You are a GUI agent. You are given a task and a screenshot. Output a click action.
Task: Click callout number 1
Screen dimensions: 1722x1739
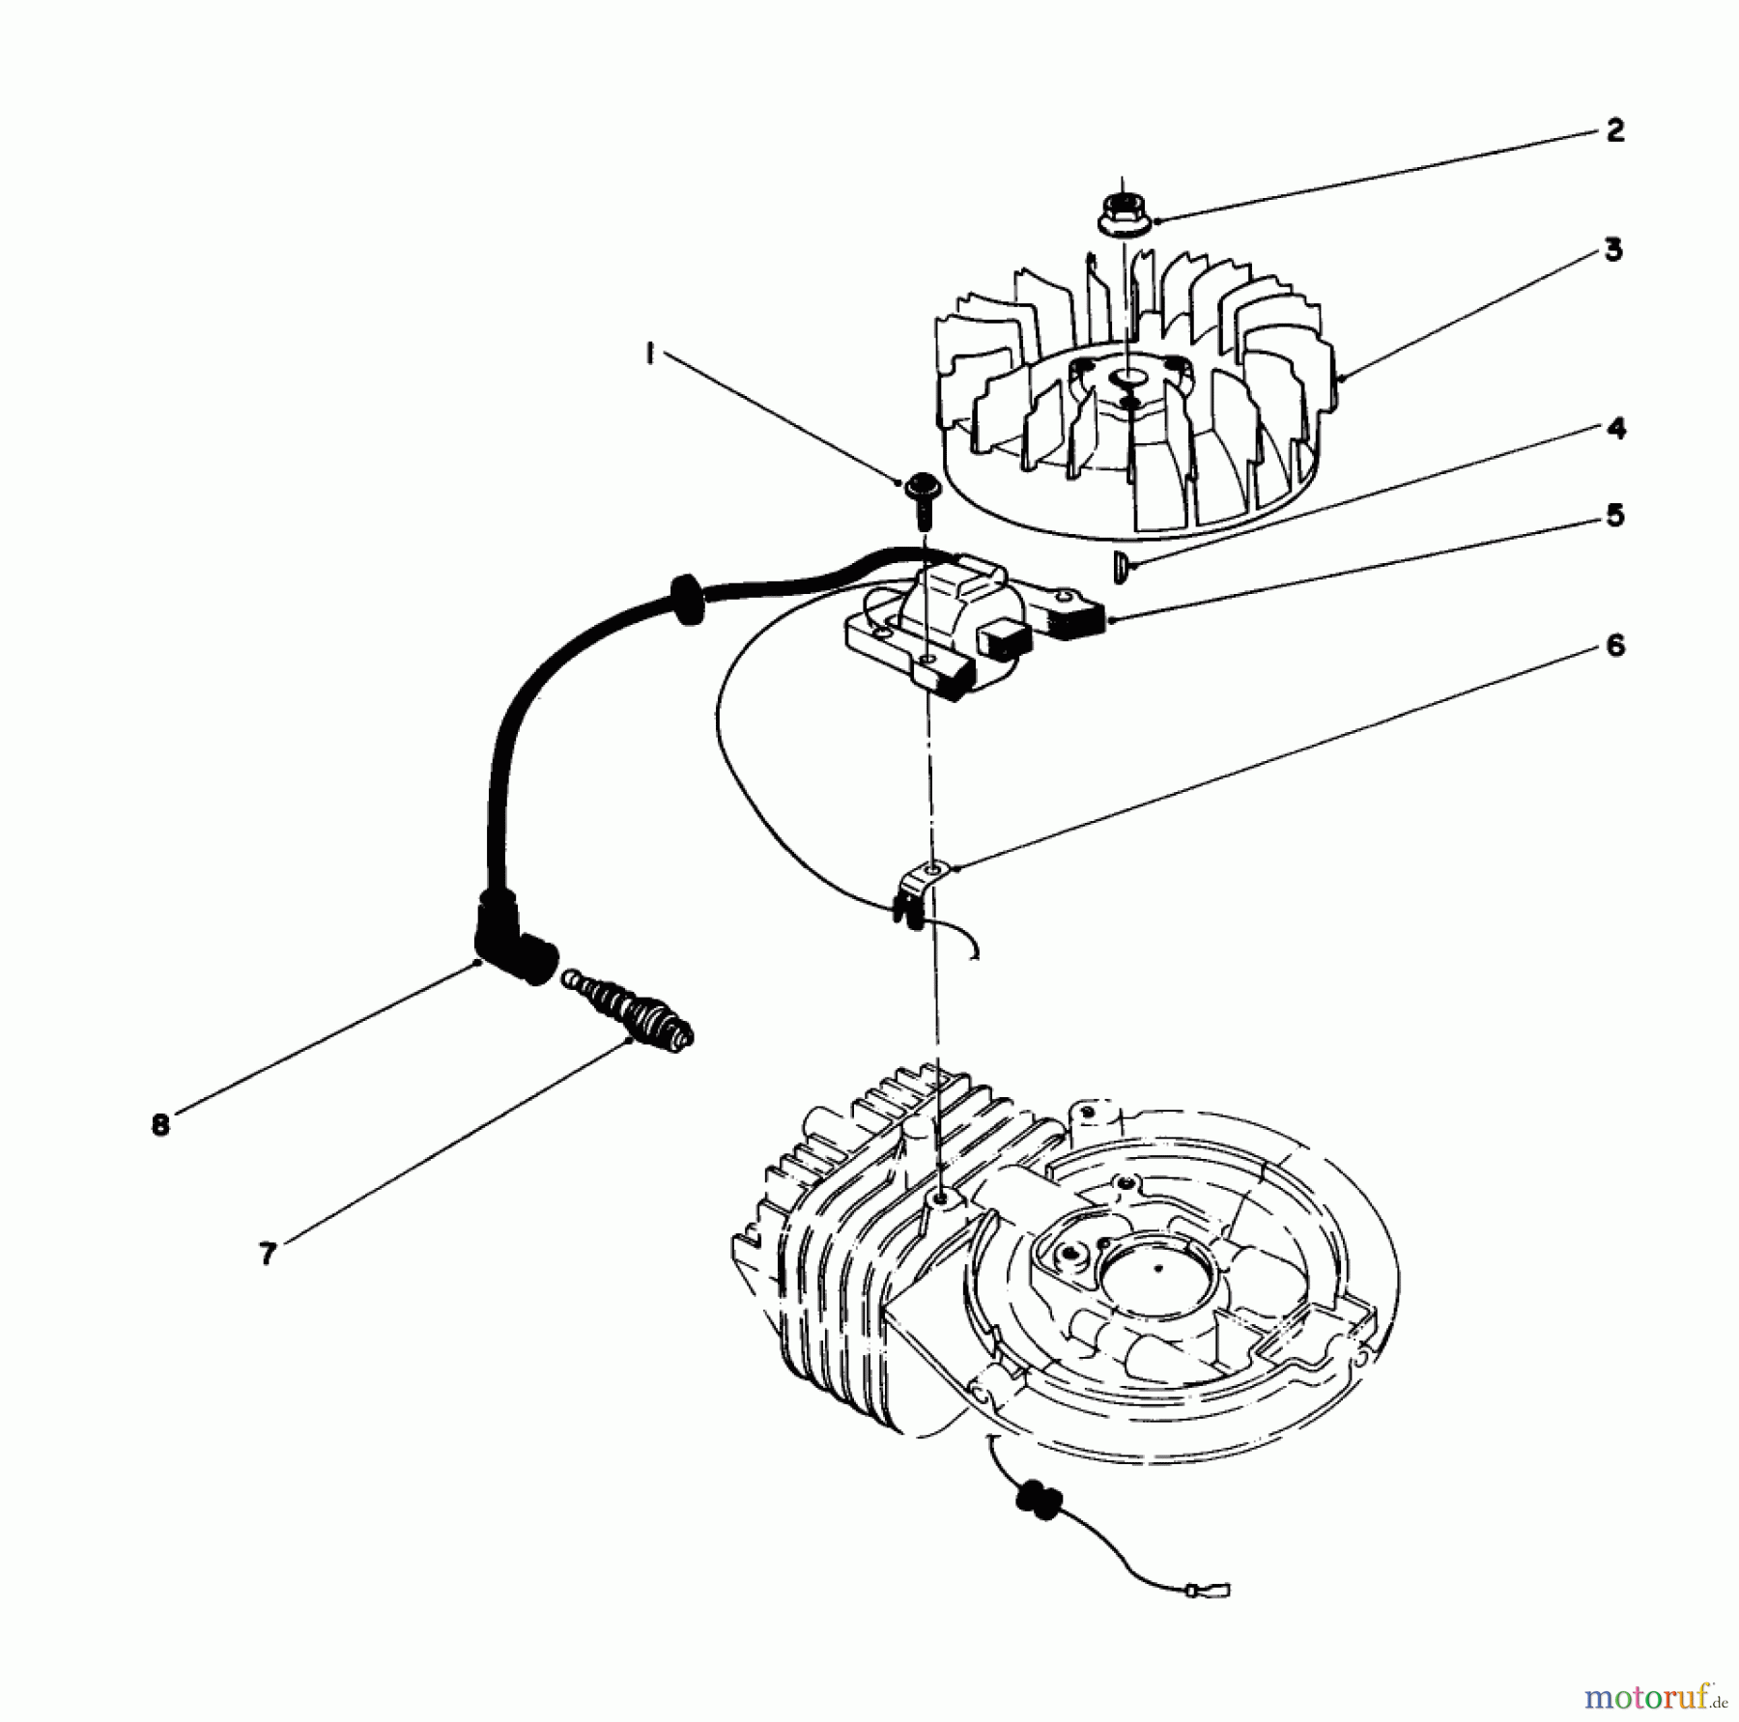coord(649,355)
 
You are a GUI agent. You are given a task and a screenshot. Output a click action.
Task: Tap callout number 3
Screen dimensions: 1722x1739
coord(1612,251)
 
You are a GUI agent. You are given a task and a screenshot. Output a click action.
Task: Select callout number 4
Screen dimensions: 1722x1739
coord(1615,428)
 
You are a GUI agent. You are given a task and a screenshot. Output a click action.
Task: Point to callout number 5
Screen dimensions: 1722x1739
coord(1614,515)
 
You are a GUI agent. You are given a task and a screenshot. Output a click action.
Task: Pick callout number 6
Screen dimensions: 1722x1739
coord(1614,645)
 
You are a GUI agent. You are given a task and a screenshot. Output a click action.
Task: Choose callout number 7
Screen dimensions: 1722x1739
coord(268,1254)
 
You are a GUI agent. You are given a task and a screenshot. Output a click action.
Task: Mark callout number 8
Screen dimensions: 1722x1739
coord(160,1124)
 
